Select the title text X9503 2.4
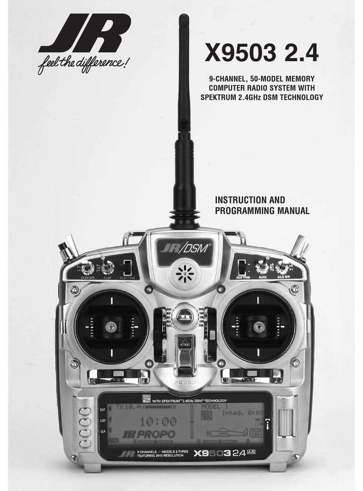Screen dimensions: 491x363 261,53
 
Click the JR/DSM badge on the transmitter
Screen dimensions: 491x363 185,249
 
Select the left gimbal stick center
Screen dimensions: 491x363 111,327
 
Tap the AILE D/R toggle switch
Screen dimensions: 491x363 282,267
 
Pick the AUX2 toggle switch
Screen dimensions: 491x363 262,267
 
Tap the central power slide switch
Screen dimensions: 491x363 185,354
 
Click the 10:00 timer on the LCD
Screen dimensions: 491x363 158,422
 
